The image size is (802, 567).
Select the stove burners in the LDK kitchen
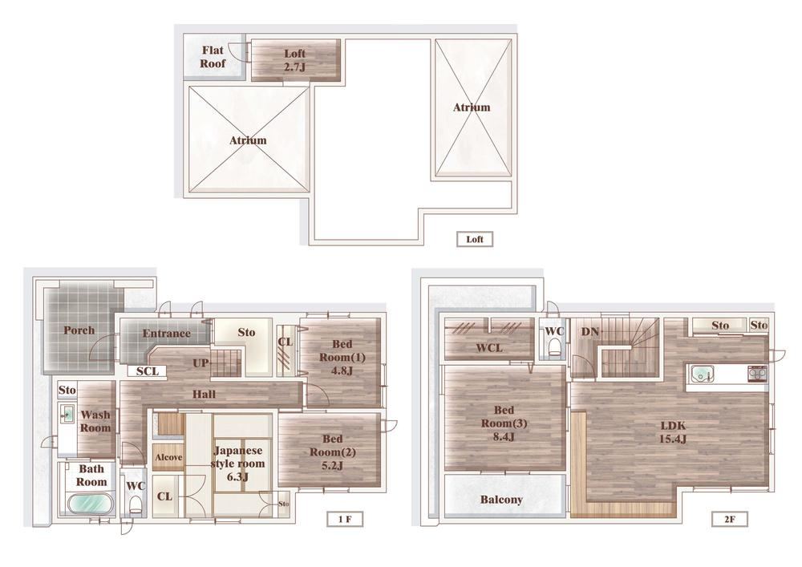click(x=758, y=373)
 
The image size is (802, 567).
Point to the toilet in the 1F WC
click(x=135, y=505)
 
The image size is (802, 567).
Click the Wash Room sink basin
click(x=67, y=415)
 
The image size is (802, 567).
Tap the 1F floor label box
click(x=345, y=520)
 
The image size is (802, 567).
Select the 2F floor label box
click(x=730, y=520)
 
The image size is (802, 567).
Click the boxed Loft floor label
click(x=475, y=239)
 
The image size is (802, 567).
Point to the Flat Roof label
click(x=213, y=57)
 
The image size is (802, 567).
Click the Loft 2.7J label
click(x=294, y=60)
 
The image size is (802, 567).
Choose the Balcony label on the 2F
click(x=501, y=500)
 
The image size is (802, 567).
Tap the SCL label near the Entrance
click(x=148, y=371)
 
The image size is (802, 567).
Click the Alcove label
click(x=168, y=457)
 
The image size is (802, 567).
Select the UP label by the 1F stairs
click(x=200, y=363)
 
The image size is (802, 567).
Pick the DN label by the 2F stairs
click(x=590, y=332)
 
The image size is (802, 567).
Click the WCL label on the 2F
click(x=489, y=348)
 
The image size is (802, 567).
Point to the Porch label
click(x=79, y=330)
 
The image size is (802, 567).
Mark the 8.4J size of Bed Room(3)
click(x=504, y=436)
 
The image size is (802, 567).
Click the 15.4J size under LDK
click(x=673, y=439)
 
